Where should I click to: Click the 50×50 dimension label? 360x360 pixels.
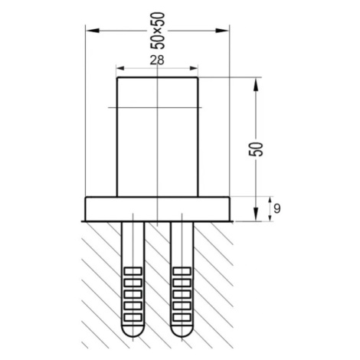click(x=158, y=31)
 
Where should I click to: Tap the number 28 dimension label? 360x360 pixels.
click(x=157, y=61)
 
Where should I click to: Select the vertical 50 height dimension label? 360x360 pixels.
click(x=256, y=149)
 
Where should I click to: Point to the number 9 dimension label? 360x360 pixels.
click(x=277, y=208)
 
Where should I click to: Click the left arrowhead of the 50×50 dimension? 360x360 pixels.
click(x=93, y=31)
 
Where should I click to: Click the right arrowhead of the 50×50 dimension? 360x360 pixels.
click(x=222, y=31)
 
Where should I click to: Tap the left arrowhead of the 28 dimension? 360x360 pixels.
click(x=120, y=68)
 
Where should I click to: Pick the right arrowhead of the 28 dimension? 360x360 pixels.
click(x=194, y=68)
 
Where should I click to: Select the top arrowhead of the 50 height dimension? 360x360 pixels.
click(x=256, y=84)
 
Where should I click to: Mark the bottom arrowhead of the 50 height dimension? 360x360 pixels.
click(x=256, y=214)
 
